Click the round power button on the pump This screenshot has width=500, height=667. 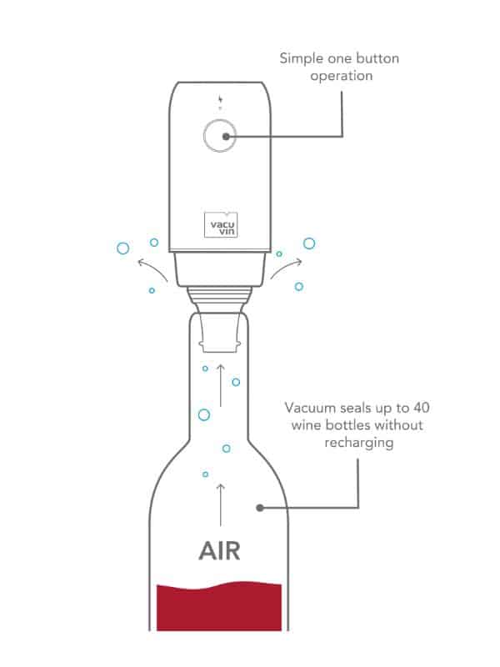(x=220, y=136)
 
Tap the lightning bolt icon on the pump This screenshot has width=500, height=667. (x=220, y=100)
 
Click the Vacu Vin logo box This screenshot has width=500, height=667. (x=221, y=224)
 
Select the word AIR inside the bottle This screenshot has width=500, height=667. (x=219, y=550)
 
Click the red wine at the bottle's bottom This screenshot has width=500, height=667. (x=219, y=606)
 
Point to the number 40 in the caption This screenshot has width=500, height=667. (x=421, y=408)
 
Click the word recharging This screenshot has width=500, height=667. (x=359, y=443)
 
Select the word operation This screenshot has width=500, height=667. (x=342, y=76)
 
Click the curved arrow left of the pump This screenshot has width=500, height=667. (x=152, y=268)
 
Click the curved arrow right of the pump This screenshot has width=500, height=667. (x=287, y=268)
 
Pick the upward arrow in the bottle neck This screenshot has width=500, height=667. (x=220, y=385)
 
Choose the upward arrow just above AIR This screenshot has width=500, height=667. (x=220, y=505)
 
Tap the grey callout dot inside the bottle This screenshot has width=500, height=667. (x=260, y=508)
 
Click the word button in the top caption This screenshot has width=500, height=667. (x=377, y=58)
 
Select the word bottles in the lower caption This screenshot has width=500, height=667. (x=348, y=425)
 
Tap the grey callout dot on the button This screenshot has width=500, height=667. (x=226, y=136)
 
